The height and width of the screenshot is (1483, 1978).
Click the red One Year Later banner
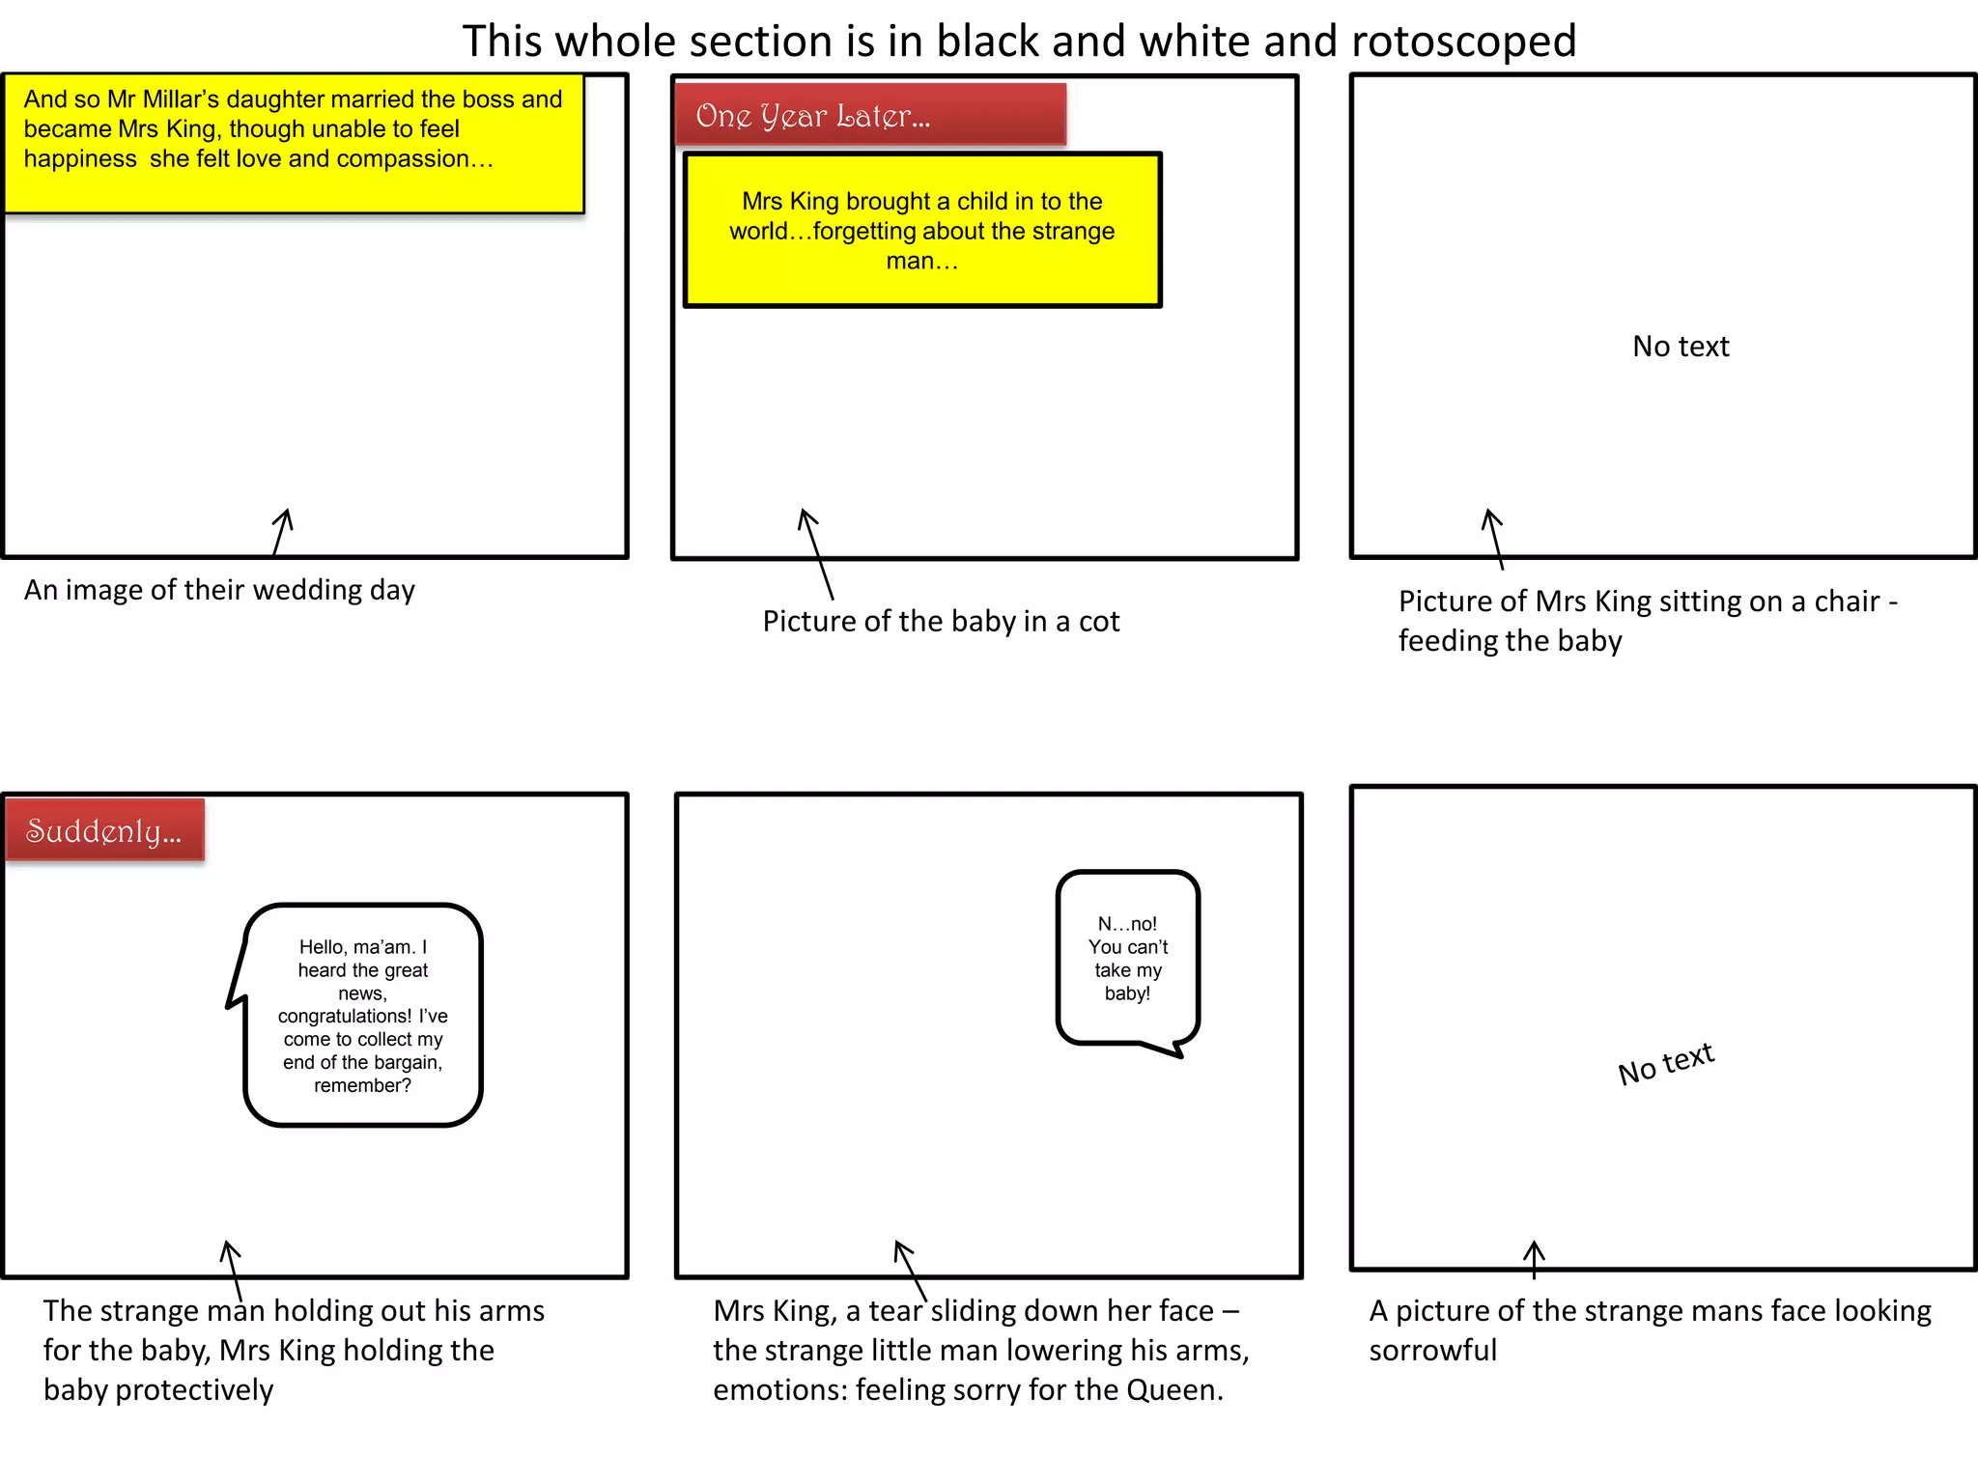[x=869, y=115]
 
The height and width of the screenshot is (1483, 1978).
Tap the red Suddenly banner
[x=104, y=830]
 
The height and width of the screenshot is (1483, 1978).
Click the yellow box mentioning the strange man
[x=921, y=231]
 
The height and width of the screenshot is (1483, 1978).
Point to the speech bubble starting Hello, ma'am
[x=362, y=1015]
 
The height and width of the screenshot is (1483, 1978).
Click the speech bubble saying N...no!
[x=1127, y=958]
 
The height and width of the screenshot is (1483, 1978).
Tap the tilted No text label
[x=1666, y=1063]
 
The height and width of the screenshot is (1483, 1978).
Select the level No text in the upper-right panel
[x=1681, y=347]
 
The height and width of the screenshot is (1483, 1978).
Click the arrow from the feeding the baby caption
[x=1494, y=538]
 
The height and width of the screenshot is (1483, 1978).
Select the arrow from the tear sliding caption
[x=909, y=1269]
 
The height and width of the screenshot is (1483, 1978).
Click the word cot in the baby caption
[x=1098, y=622]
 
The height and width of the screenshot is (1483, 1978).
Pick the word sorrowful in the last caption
[x=1432, y=1351]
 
